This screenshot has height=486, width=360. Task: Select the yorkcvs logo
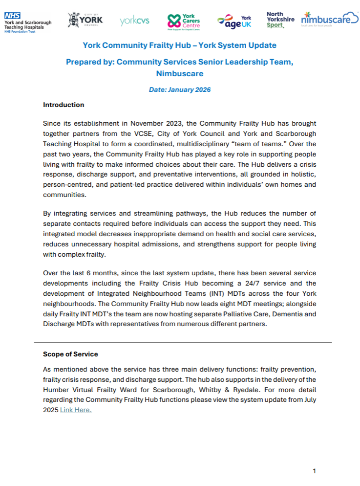click(x=134, y=21)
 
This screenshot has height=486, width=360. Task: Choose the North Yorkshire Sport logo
click(x=280, y=20)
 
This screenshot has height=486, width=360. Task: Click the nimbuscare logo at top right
click(x=329, y=20)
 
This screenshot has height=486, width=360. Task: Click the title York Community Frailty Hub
click(x=179, y=45)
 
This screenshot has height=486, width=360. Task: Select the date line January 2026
click(x=179, y=90)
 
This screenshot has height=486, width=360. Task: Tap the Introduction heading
click(x=64, y=105)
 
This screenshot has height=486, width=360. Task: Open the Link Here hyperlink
click(x=76, y=410)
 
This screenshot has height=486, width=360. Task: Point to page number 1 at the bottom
click(x=314, y=471)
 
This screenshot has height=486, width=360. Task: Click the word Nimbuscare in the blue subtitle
click(x=179, y=74)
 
